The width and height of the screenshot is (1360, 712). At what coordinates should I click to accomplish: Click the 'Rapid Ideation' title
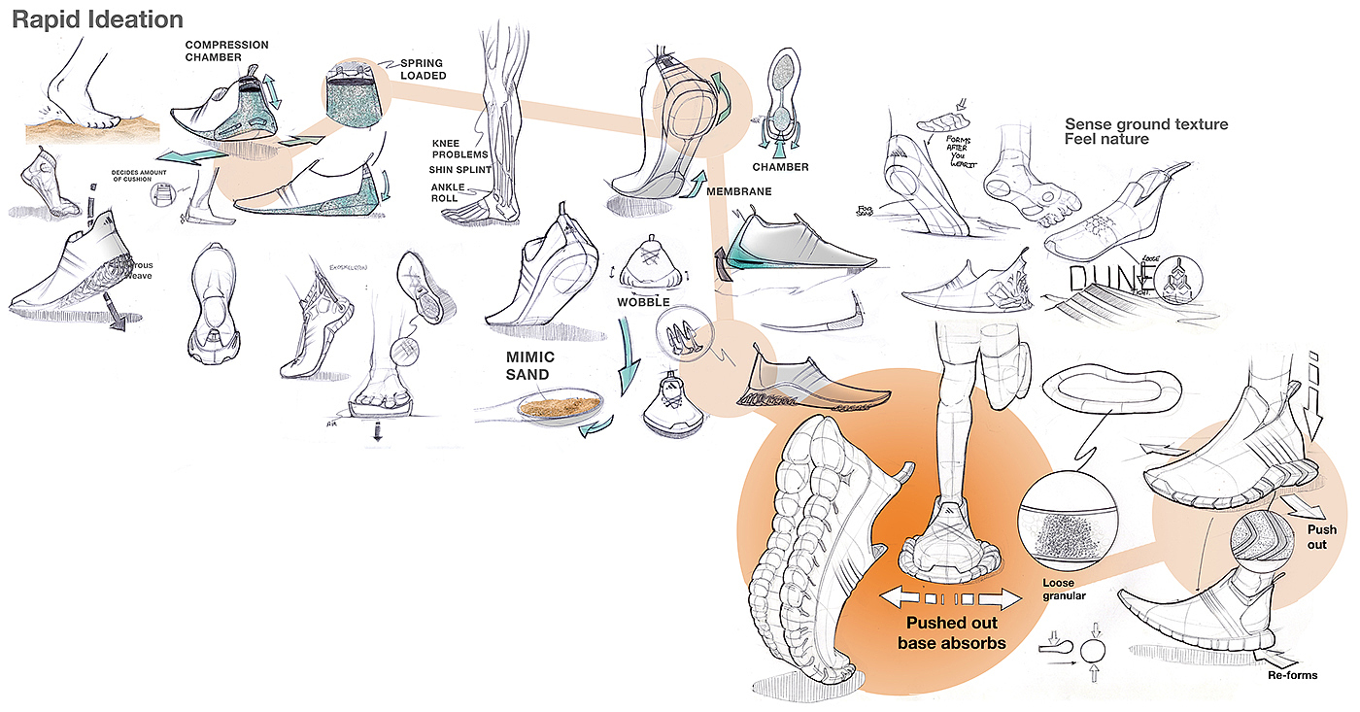pos(97,19)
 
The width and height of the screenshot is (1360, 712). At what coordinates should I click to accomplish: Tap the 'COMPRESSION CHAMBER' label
pos(225,51)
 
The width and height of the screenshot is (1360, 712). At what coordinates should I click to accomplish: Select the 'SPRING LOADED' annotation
pos(424,68)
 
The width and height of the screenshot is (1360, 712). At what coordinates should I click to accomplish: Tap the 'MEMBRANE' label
pos(739,191)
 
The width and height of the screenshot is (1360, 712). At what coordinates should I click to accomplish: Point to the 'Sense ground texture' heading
pos(1146,124)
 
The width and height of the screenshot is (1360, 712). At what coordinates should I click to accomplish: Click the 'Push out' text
pos(1321,536)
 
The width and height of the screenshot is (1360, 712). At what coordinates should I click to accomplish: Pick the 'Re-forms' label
pos(1292,674)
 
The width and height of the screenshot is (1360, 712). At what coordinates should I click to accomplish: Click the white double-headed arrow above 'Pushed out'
pos(949,596)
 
